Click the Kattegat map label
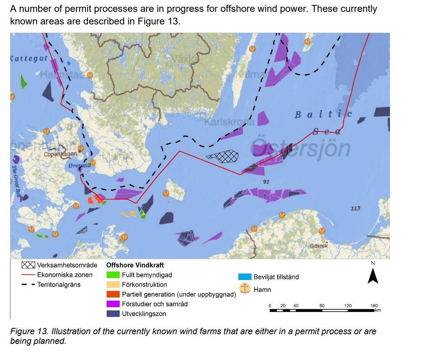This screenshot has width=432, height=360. click(29, 58)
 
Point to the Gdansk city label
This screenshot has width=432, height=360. click(319, 246)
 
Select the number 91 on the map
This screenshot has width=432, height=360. click(266, 182)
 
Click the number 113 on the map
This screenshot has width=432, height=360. click(355, 208)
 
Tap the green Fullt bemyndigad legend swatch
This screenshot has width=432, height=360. click(113, 275)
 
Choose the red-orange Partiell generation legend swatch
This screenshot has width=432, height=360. click(113, 294)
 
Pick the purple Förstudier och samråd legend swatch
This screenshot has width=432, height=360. click(113, 304)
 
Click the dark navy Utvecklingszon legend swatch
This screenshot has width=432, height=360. click(113, 314)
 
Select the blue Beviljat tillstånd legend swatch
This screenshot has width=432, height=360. click(245, 277)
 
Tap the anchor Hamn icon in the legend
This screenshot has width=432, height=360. click(245, 289)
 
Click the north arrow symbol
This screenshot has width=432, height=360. click(373, 276)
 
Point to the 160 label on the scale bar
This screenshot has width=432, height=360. click(374, 306)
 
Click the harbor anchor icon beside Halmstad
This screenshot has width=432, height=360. click(90, 75)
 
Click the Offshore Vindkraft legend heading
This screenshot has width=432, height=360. click(135, 265)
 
